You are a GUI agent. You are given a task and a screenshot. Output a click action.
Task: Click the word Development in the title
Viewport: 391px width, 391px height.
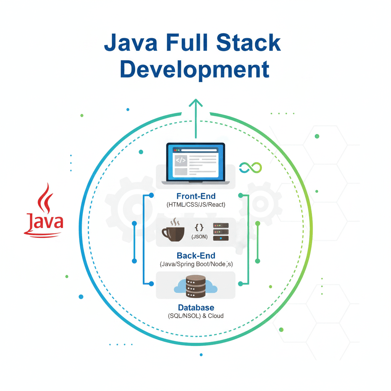(x=195, y=69)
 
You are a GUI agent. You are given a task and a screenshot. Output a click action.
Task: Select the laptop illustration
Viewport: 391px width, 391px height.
(x=195, y=163)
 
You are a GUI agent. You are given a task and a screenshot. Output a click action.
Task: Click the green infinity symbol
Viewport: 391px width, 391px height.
(x=250, y=167)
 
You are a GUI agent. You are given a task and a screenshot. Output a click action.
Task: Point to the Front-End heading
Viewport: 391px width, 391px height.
(x=196, y=196)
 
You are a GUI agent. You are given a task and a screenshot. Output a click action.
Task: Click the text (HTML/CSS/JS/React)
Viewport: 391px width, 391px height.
(x=196, y=205)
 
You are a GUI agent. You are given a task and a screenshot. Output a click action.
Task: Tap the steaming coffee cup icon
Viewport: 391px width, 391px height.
(x=173, y=231)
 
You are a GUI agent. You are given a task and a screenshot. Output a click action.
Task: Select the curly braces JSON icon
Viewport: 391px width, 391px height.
(x=199, y=228)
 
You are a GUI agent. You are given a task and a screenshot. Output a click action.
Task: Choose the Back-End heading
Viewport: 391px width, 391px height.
(x=196, y=256)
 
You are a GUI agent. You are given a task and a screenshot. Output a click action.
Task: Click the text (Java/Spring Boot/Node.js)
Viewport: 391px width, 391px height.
(x=196, y=264)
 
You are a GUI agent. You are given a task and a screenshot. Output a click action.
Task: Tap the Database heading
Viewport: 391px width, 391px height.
(x=196, y=307)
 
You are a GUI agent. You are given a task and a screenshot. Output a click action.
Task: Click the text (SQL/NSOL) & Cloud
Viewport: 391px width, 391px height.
(x=196, y=316)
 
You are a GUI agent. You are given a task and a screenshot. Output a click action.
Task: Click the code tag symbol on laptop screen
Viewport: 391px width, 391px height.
(x=180, y=161)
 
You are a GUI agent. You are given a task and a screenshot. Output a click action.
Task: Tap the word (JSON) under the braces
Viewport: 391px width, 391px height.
(x=199, y=237)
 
